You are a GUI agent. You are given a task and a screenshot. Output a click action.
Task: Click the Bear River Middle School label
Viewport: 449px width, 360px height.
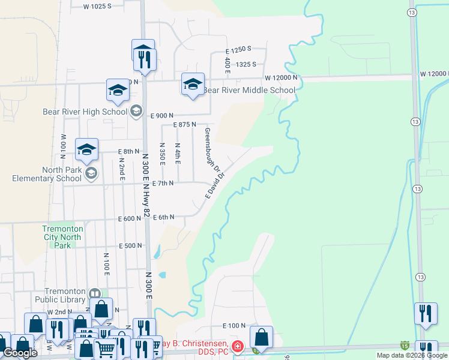tap(249, 91)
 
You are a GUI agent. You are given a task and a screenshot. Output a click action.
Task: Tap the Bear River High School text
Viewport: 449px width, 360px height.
tap(85, 112)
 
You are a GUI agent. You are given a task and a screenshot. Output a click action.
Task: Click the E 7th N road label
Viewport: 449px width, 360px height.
tap(163, 183)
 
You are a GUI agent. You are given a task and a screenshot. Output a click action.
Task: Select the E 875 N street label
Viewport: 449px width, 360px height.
tap(185, 124)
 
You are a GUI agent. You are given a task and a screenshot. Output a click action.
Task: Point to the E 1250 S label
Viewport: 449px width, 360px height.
tap(238, 49)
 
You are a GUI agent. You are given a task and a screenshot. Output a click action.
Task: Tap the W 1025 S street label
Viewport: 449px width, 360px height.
tap(97, 6)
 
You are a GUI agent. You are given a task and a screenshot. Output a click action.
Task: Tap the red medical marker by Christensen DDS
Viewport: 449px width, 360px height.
tap(238, 346)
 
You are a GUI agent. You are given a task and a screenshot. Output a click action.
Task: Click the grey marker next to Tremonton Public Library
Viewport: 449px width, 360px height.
tap(94, 294)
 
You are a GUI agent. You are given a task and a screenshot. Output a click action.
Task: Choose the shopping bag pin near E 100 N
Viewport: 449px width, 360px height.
tap(261, 338)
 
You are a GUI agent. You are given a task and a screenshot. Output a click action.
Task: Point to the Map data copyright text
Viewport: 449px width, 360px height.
tap(412, 355)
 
